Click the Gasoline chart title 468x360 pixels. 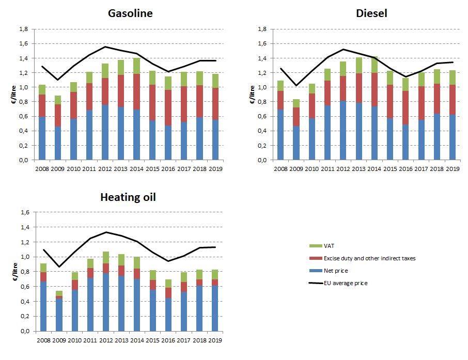click(x=130, y=13)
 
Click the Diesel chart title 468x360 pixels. click(x=371, y=13)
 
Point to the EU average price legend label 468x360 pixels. click(x=346, y=283)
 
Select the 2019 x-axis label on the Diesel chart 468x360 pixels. click(x=453, y=169)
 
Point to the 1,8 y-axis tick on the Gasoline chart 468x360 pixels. click(x=24, y=29)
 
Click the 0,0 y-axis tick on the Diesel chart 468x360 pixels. click(x=263, y=160)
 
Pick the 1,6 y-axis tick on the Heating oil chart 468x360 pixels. click(x=24, y=212)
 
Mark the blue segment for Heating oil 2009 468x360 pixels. click(x=59, y=315)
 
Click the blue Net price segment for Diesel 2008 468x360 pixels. click(x=280, y=134)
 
